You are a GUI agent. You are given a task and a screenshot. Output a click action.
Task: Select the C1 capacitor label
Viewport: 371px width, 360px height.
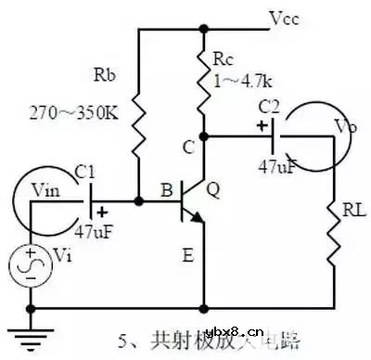(x=84, y=171)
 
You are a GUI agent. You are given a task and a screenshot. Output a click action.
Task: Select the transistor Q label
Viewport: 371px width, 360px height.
(x=213, y=191)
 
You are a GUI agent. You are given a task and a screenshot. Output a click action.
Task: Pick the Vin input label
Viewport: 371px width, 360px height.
(x=45, y=189)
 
